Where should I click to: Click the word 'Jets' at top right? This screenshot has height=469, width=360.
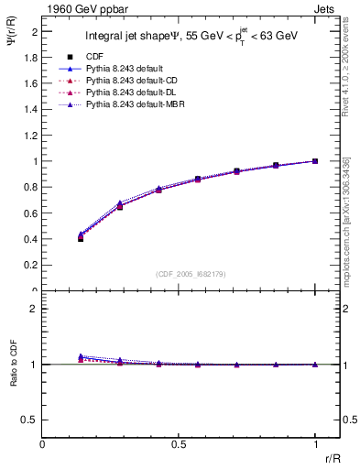[325, 7]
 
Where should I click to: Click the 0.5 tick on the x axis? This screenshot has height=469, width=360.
[180, 443]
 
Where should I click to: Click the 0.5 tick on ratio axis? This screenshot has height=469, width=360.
[29, 420]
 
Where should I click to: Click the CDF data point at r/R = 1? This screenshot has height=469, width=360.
[315, 161]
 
